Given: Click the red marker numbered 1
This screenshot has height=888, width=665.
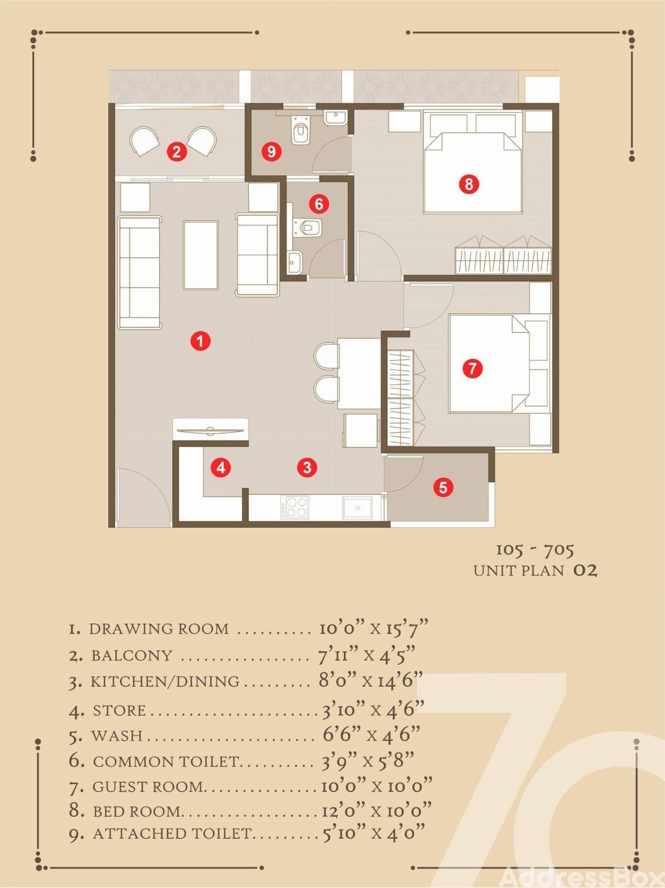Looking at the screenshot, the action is pyautogui.click(x=201, y=341).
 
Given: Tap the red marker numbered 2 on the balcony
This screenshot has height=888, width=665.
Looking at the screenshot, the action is pyautogui.click(x=177, y=152).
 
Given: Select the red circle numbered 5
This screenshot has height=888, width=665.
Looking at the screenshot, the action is pyautogui.click(x=443, y=487).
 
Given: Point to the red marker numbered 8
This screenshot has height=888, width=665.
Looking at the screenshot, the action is pyautogui.click(x=469, y=183).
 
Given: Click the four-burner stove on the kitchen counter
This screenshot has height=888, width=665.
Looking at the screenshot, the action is pyautogui.click(x=295, y=507).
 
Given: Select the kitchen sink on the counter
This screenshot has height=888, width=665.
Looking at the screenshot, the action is pyautogui.click(x=357, y=507).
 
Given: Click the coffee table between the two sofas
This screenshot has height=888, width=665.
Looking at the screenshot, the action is pyautogui.click(x=201, y=255).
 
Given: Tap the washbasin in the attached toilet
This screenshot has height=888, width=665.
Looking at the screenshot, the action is pyautogui.click(x=334, y=118).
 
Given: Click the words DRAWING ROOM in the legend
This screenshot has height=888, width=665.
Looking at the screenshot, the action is pyautogui.click(x=159, y=629).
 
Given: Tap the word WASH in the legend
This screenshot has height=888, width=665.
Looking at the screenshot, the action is pyautogui.click(x=117, y=736).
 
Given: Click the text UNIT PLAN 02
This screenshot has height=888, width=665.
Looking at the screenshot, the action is pyautogui.click(x=535, y=570).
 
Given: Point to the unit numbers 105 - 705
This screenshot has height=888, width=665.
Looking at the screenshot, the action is pyautogui.click(x=535, y=550).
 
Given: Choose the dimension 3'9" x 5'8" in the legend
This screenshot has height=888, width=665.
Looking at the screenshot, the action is pyautogui.click(x=368, y=761).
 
